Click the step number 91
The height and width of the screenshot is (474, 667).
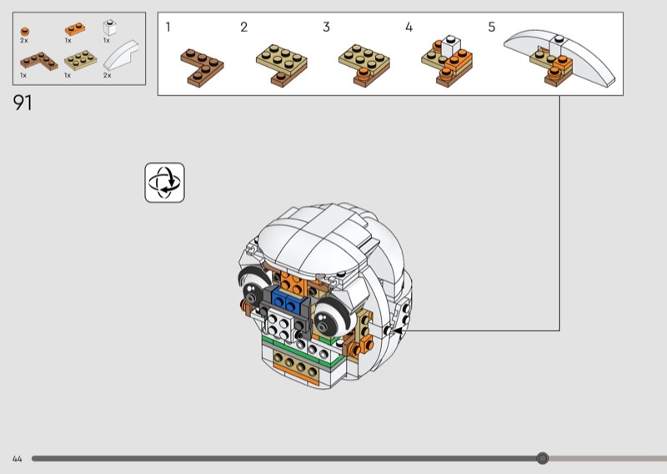(23, 103)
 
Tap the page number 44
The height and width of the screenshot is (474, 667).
(17, 459)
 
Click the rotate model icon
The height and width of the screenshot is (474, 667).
(164, 182)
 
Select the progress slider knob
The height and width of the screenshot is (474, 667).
(542, 458)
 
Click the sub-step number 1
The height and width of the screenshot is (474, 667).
(168, 28)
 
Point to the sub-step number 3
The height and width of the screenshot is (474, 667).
(326, 28)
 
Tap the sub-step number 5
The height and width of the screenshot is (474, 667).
(492, 28)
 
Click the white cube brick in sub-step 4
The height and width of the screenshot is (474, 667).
(451, 46)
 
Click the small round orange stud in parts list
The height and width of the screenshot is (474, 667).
(25, 32)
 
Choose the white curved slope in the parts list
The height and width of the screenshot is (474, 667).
(121, 55)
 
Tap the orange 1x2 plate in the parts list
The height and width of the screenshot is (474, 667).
(75, 29)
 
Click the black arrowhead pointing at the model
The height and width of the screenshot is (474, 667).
(399, 330)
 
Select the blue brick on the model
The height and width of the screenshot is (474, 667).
(286, 298)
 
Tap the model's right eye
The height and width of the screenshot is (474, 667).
(333, 317)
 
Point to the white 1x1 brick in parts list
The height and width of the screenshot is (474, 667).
(110, 28)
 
